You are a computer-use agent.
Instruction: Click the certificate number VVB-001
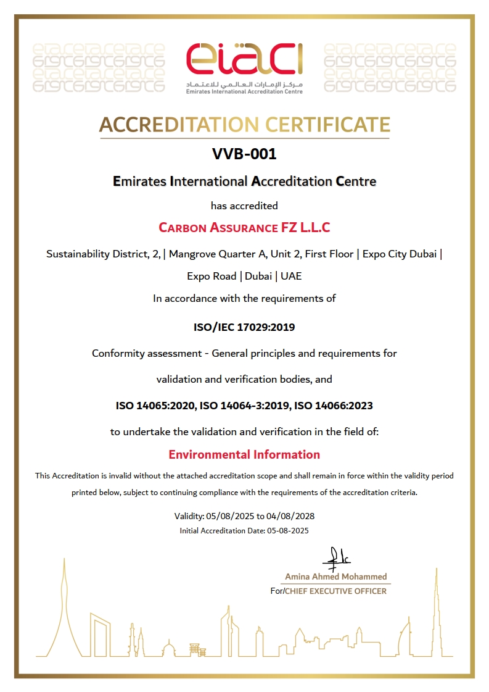pos(244,154)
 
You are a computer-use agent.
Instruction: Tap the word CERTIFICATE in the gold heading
pos(328,125)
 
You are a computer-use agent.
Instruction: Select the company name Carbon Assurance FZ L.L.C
pos(244,227)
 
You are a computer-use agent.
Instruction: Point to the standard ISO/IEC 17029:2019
pos(244,327)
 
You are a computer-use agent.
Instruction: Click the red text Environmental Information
pos(244,455)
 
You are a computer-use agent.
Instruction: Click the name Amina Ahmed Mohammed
pos(336,577)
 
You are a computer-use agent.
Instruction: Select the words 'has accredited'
pos(244,205)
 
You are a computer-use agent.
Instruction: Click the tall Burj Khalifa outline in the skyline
pos(437,611)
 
